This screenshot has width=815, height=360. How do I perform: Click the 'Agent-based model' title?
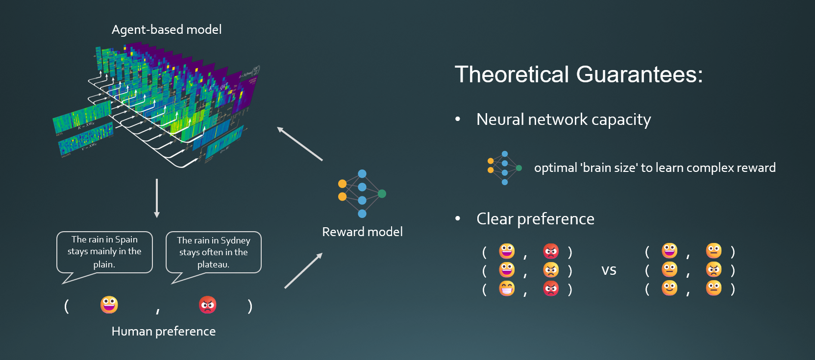pos(167,30)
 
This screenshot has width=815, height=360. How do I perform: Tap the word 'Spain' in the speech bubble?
pos(126,240)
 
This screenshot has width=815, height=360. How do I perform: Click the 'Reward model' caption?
pos(362,232)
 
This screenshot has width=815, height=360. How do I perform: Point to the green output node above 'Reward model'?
pos(382,193)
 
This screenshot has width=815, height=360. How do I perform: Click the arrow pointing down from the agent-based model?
pos(157,198)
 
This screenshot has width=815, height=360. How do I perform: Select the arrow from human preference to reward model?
pos(303,270)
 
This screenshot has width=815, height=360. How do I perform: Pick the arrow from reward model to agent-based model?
pos(300,144)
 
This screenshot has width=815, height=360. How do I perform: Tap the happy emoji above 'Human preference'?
pos(109,305)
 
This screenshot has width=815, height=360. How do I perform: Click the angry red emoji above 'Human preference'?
pos(208,305)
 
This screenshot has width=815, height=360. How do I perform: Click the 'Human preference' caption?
pos(164,332)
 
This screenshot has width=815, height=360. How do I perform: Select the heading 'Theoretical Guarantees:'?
pos(578,75)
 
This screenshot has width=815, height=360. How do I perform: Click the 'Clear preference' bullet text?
pos(535,219)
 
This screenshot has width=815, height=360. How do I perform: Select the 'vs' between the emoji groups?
pos(609,270)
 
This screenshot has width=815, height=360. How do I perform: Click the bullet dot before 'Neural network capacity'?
pos(458,119)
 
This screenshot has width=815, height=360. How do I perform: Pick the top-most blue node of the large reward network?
pos(362,174)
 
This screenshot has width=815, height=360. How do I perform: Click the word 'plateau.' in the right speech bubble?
pos(213,264)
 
